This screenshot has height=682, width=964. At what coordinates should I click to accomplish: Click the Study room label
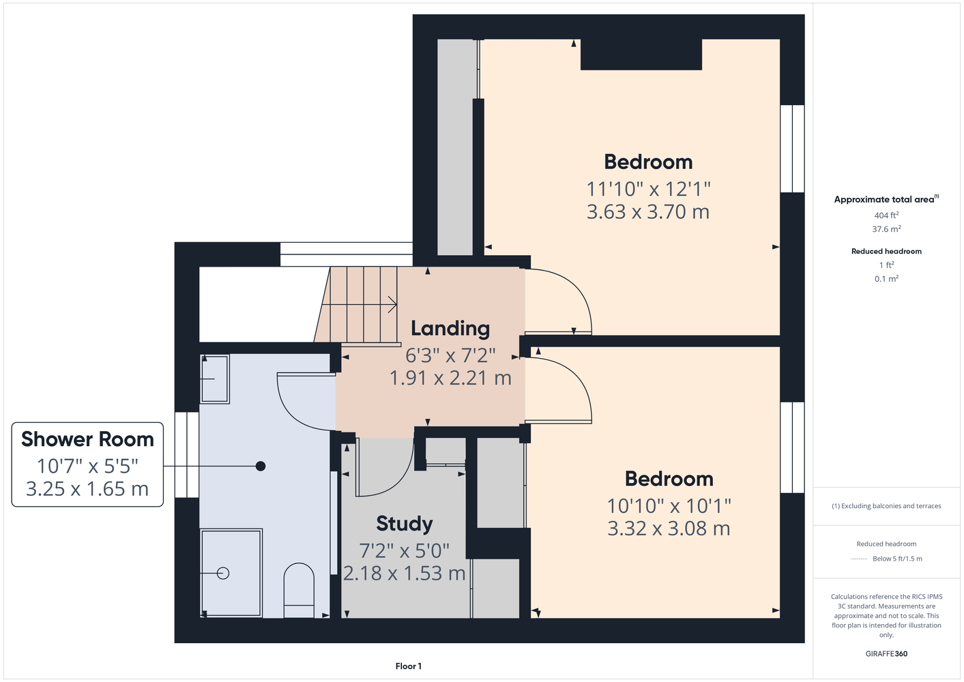pyautogui.click(x=404, y=524)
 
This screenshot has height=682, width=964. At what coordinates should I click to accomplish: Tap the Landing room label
pyautogui.click(x=450, y=328)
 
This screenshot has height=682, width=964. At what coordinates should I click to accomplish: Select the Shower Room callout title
pyautogui.click(x=87, y=439)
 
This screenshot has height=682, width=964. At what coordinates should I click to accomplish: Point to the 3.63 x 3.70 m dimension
pyautogui.click(x=648, y=211)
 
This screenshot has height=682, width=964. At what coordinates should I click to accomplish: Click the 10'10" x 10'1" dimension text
pyautogui.click(x=669, y=506)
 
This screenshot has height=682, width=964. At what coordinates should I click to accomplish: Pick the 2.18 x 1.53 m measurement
pyautogui.click(x=404, y=573)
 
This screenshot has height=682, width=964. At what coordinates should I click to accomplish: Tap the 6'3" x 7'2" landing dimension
pyautogui.click(x=450, y=355)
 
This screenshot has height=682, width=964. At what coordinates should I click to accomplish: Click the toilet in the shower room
pyautogui.click(x=299, y=591)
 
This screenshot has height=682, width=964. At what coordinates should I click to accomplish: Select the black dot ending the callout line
pyautogui.click(x=261, y=466)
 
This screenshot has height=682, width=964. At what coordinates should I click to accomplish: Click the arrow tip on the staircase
pyautogui.click(x=396, y=305)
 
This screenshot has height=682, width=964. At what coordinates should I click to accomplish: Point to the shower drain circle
pyautogui.click(x=223, y=573)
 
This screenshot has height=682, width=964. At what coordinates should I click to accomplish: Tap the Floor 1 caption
pyautogui.click(x=409, y=666)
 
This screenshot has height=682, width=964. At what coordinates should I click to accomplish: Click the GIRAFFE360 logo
pyautogui.click(x=886, y=653)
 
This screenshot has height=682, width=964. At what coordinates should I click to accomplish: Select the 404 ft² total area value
pyautogui.click(x=886, y=215)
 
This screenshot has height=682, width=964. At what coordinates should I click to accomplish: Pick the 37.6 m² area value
pyautogui.click(x=886, y=229)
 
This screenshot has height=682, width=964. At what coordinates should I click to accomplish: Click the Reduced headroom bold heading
pyautogui.click(x=886, y=251)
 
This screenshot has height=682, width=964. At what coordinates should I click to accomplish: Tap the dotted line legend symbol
pyautogui.click(x=859, y=559)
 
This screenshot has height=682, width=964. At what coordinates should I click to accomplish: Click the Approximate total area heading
pyautogui.click(x=886, y=199)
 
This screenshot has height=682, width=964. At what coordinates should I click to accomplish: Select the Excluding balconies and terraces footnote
pyautogui.click(x=886, y=506)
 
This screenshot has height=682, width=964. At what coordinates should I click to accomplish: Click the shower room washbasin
pyautogui.click(x=215, y=379)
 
